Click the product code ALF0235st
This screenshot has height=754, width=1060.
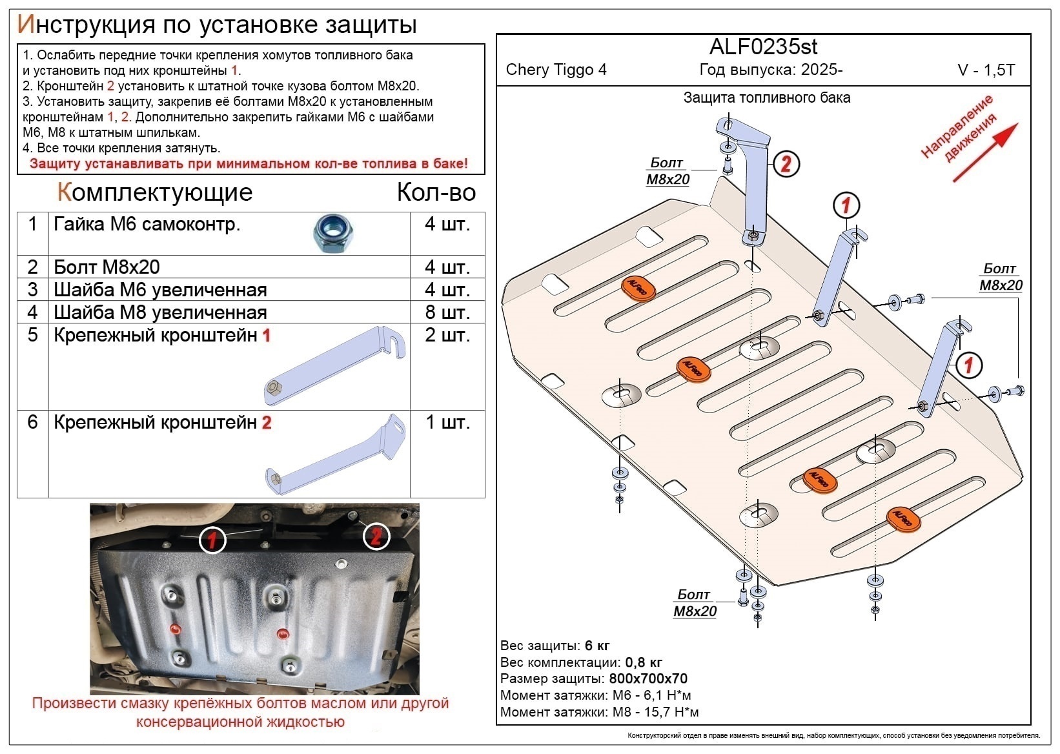point(763,46)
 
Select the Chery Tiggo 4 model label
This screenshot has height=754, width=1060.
point(556,70)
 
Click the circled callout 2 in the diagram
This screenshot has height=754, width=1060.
point(785,164)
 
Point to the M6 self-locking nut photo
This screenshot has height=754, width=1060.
point(333,233)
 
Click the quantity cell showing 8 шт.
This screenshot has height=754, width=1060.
point(447,312)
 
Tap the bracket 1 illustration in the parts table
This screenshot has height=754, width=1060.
point(335,365)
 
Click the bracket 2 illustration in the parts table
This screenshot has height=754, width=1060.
point(336,454)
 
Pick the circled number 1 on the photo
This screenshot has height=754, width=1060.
point(212,540)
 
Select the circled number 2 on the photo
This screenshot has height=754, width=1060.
point(376,535)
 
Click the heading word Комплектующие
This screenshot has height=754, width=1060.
point(155,192)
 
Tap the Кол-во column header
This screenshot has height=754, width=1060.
point(436,192)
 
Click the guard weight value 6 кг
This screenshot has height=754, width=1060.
point(597,646)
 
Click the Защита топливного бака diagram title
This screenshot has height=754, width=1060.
point(766,97)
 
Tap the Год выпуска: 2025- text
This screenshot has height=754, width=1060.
point(771,70)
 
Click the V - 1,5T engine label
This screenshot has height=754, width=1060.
point(986,70)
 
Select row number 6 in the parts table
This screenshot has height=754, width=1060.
point(33,422)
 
